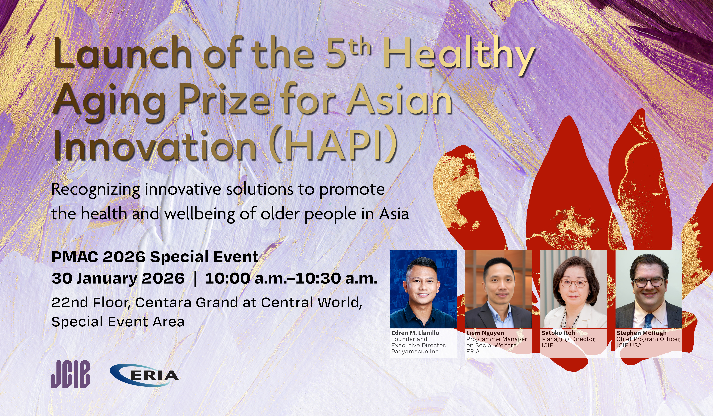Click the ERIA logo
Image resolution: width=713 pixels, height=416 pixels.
tap(144, 375)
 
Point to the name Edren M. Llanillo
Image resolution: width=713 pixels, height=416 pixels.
tap(415, 333)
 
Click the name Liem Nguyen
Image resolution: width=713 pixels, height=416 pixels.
tap(485, 333)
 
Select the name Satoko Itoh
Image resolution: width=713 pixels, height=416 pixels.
tap(558, 333)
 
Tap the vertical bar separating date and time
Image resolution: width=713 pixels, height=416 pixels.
tap(195, 279)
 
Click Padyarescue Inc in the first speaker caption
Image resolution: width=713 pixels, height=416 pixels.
tap(415, 352)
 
